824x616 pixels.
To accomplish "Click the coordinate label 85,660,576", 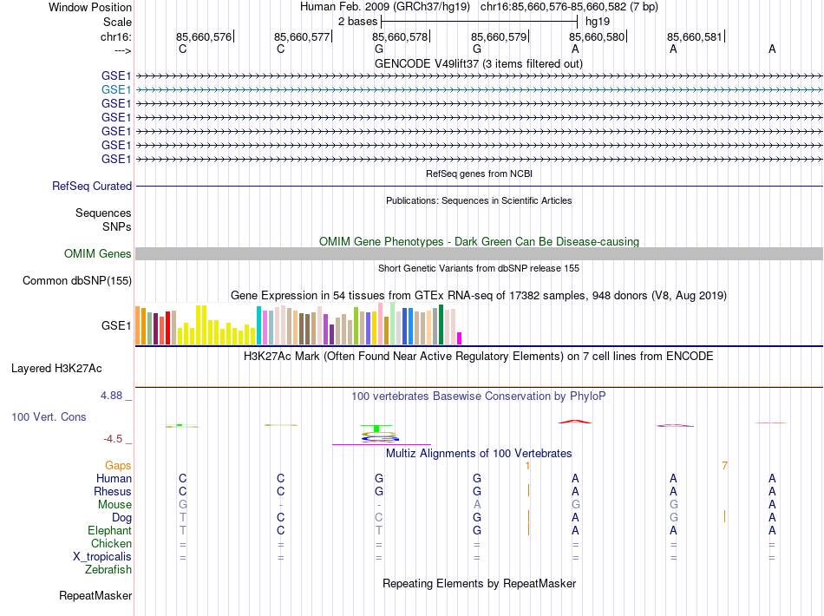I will (x=204, y=37).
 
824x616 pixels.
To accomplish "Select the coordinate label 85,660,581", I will (x=694, y=37).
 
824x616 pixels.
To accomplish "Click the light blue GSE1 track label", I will (x=116, y=89).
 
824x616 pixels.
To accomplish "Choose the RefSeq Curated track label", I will (x=92, y=186).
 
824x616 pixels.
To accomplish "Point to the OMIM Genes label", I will (x=98, y=254).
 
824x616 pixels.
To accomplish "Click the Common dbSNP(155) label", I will (x=77, y=280).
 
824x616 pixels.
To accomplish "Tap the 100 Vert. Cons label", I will (x=49, y=416).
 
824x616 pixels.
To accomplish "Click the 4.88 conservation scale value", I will (x=114, y=396).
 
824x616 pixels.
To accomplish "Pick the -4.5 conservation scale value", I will (x=115, y=439).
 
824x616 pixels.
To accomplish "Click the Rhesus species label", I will (x=113, y=491).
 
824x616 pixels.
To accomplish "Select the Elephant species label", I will (x=109, y=530).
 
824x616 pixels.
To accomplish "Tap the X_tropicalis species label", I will (x=101, y=556).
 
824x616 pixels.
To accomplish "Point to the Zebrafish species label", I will (x=108, y=570).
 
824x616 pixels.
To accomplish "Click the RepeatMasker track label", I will (x=95, y=596).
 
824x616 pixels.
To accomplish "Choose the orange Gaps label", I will (x=118, y=466).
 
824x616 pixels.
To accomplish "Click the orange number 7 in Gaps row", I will (x=724, y=466).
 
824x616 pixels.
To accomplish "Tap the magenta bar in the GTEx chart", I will (x=460, y=338).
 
